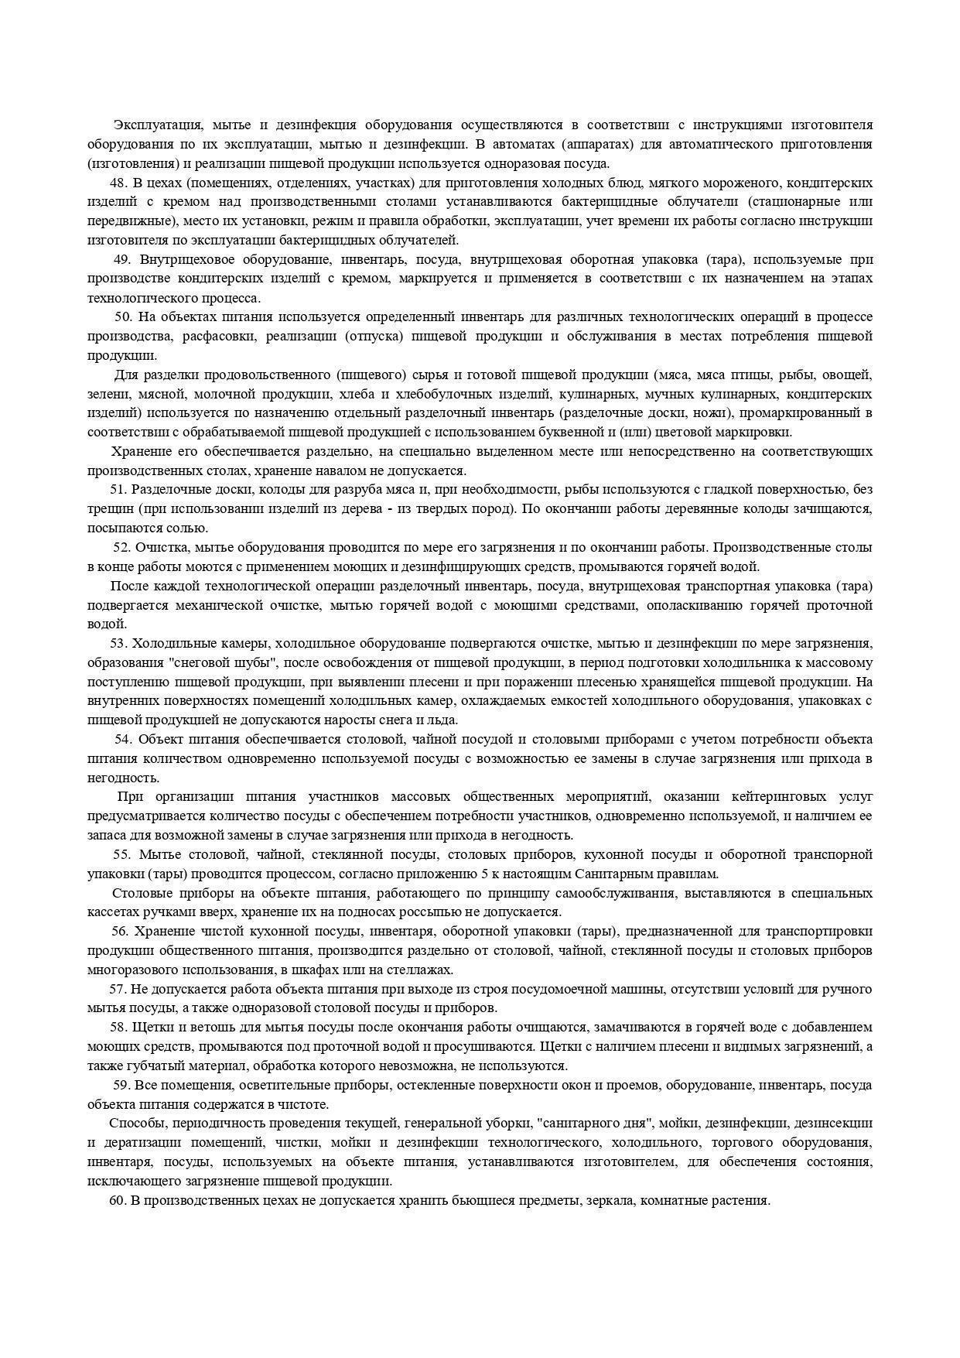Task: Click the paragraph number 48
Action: (119, 183)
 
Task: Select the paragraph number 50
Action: (125, 316)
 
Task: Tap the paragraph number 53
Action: (119, 643)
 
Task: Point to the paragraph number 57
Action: (118, 989)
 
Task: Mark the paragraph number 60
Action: (118, 1200)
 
